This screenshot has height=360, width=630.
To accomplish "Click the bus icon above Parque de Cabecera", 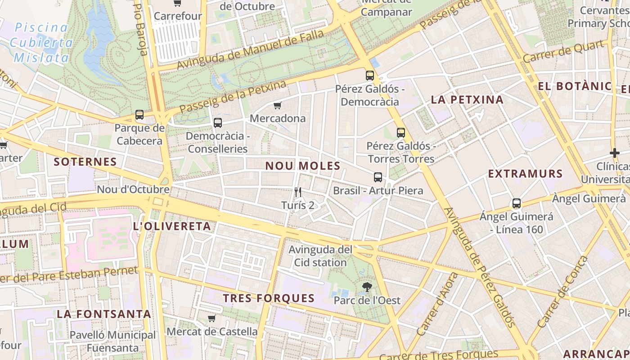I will click(x=139, y=115).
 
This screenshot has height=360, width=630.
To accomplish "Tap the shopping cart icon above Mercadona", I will click(x=278, y=106).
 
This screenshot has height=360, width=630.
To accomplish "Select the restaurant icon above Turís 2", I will click(x=297, y=192).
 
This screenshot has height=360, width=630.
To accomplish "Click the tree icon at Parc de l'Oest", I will click(x=367, y=287).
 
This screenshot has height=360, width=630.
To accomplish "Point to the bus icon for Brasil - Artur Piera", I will click(x=378, y=177).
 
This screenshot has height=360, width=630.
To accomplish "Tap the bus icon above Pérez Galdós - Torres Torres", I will click(x=401, y=133).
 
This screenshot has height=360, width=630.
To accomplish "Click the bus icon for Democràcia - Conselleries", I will click(x=218, y=122).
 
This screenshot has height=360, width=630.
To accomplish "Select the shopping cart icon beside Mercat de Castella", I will click(x=211, y=318).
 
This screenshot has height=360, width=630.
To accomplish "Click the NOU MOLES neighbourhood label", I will click(x=303, y=166).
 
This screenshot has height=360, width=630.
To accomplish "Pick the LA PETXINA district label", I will click(x=467, y=99).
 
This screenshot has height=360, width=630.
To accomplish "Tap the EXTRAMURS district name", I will click(x=526, y=173).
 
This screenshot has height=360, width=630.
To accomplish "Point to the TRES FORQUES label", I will click(x=269, y=298).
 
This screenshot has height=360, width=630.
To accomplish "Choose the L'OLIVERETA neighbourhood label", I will click(x=172, y=226).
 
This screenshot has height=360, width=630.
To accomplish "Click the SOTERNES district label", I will click(x=85, y=162).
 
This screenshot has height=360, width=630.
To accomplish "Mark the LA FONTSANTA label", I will click(x=104, y=314).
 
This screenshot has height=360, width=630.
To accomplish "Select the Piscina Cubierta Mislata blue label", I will click(x=41, y=42).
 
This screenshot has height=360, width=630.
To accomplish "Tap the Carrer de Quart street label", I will click(x=563, y=51).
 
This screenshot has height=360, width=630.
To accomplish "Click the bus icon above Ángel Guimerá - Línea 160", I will click(x=517, y=203).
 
